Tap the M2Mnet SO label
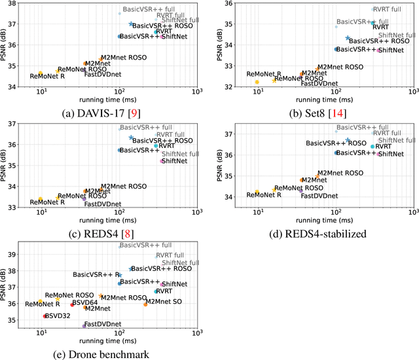point(163,302)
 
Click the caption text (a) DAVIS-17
point(98,113)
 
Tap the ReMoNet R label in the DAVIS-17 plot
point(47,77)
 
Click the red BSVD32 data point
point(45,316)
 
